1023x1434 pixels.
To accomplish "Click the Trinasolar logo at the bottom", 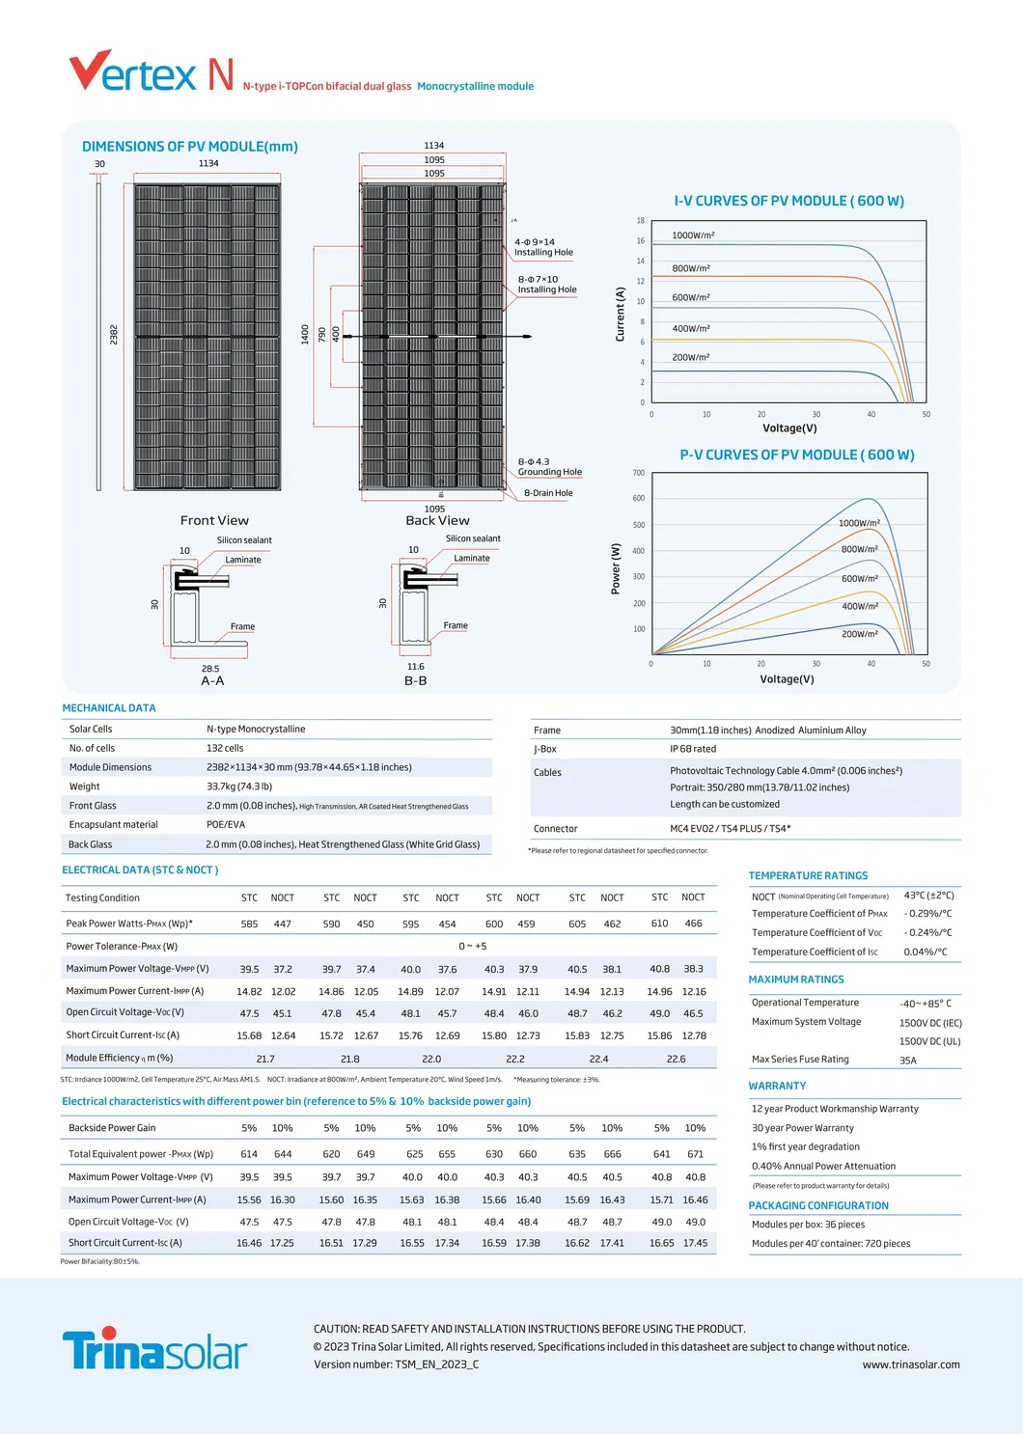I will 154,1349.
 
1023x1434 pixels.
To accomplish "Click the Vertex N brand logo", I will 152,73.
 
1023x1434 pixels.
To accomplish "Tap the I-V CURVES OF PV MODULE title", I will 788,201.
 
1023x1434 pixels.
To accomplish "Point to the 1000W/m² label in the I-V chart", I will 693,235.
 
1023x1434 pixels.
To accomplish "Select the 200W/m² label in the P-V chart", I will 859,634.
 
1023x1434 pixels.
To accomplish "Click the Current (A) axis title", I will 621,314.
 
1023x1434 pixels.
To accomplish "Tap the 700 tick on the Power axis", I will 638,473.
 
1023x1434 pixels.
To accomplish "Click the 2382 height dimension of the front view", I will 114,335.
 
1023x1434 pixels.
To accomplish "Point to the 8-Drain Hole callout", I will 547,493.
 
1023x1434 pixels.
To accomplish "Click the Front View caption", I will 214,520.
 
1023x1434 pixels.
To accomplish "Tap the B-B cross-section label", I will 415,680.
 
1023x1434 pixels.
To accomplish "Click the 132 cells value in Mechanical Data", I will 225,748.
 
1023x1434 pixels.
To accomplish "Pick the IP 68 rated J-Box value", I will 693,749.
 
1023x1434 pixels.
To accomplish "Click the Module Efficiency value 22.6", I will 676,1059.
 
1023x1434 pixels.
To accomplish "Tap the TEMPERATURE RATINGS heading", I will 808,875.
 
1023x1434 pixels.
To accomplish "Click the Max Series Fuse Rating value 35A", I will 907,1061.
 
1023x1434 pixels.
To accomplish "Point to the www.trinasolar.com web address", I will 910,1365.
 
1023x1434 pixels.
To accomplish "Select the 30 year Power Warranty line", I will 802,1128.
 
